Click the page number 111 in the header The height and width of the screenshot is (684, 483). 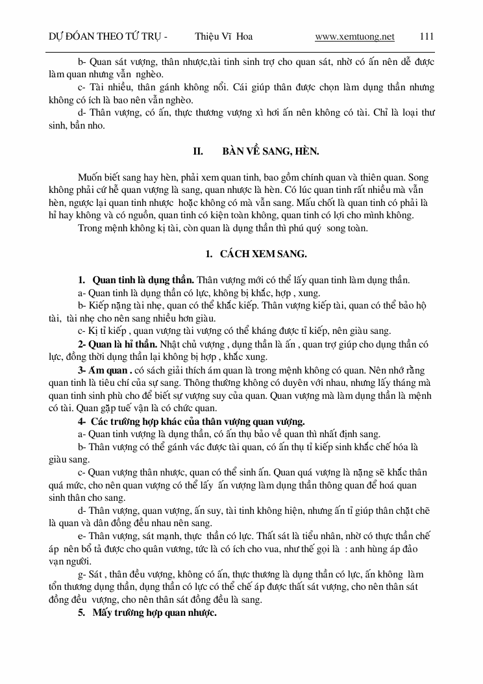coord(427,37)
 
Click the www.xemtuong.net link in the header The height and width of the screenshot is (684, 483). coord(354,37)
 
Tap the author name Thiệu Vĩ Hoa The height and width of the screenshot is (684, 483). coord(223,37)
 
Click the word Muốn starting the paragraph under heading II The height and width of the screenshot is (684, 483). coord(92,177)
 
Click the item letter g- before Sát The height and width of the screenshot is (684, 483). coord(81,574)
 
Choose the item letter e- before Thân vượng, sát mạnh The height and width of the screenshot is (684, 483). coord(81,535)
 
